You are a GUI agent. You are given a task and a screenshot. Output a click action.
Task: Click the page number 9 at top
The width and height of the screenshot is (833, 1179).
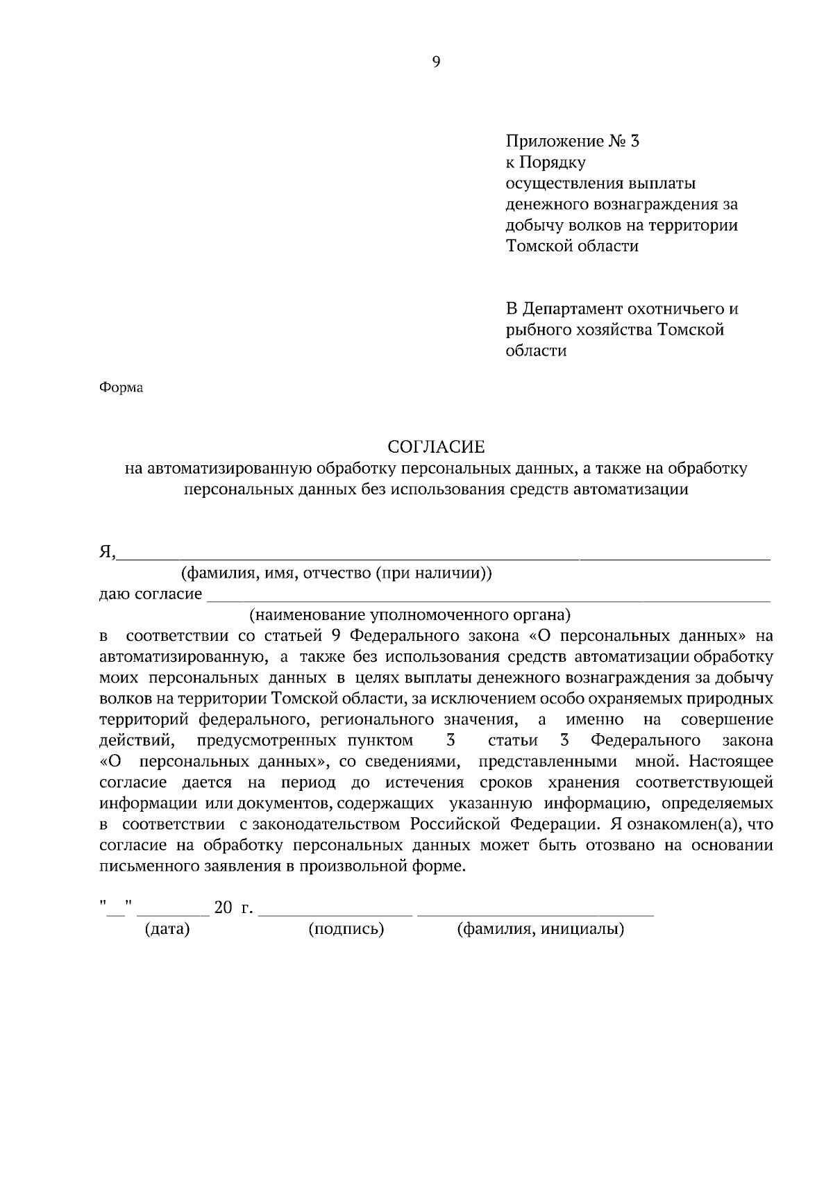[x=435, y=62]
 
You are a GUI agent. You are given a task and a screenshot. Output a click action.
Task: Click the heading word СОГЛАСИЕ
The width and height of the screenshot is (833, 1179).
[x=435, y=446]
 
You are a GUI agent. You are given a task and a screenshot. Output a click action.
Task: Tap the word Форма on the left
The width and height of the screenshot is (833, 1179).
[x=121, y=387]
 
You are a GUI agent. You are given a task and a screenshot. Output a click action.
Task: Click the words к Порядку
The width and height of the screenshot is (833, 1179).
[x=546, y=163]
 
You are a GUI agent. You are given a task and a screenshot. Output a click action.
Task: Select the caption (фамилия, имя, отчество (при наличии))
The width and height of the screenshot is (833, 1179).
[x=336, y=574]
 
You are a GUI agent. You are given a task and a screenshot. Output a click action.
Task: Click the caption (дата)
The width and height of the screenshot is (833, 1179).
[x=167, y=929]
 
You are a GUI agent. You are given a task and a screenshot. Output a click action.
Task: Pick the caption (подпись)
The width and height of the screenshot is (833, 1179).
[x=346, y=929]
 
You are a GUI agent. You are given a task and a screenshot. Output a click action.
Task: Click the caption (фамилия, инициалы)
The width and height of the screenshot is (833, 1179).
[x=540, y=929]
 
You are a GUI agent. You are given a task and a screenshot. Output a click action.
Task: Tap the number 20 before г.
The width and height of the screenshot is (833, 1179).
[x=224, y=908]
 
